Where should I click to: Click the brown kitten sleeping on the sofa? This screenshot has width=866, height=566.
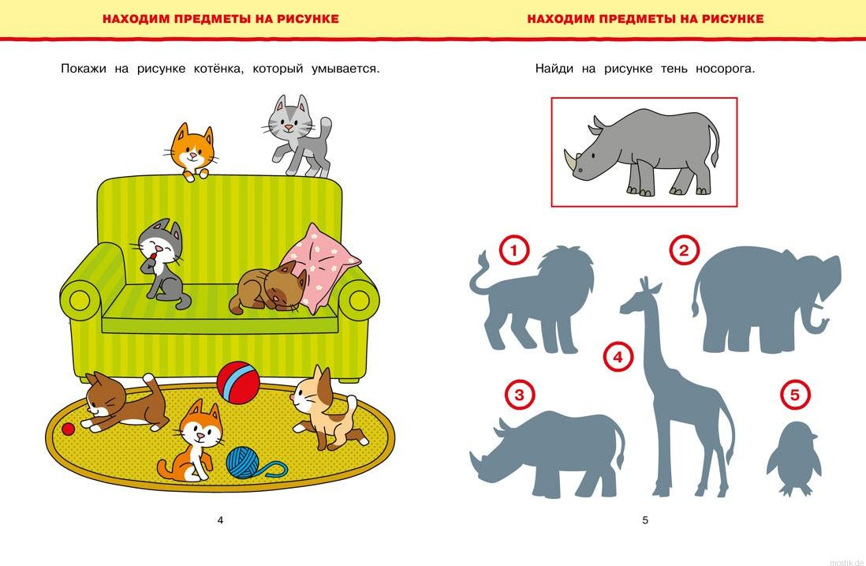point(268,290)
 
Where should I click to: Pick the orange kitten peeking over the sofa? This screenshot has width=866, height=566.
point(192,151)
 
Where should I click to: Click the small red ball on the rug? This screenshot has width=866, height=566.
point(68,429)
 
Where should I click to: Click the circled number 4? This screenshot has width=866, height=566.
point(618,357)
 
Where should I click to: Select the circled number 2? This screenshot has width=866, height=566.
point(684,251)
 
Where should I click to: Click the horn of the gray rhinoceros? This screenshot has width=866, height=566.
point(571,160)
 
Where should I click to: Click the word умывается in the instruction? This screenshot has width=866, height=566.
point(344,69)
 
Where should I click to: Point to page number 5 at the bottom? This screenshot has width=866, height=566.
point(644,520)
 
